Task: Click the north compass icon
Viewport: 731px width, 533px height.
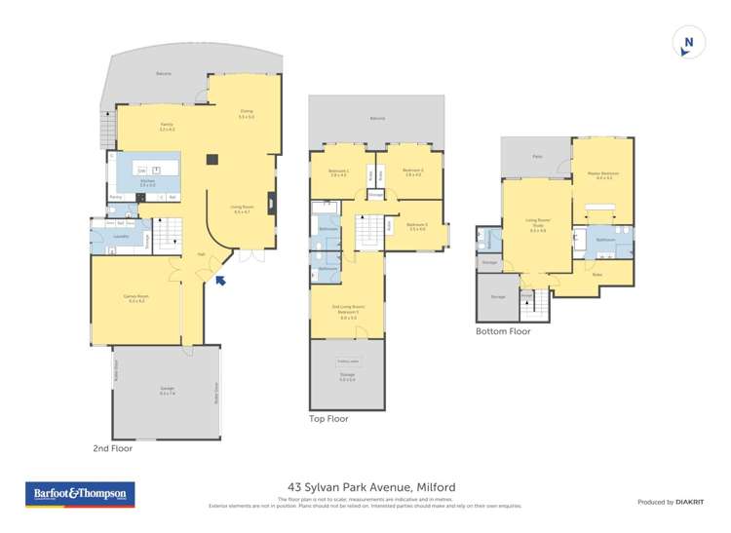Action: click(x=689, y=42)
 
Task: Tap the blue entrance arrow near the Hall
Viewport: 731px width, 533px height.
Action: click(x=221, y=281)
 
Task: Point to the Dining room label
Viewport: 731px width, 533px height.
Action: click(x=247, y=113)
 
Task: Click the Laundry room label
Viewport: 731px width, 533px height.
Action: click(x=122, y=236)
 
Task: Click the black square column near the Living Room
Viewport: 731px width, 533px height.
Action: click(x=211, y=160)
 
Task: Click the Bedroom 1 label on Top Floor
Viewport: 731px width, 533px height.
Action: click(x=338, y=172)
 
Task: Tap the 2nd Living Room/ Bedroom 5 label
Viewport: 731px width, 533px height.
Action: click(x=348, y=313)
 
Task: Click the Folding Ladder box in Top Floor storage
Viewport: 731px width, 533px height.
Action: click(x=348, y=361)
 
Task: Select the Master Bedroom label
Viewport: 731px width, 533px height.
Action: click(x=603, y=175)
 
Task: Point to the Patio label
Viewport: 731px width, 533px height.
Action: click(x=536, y=156)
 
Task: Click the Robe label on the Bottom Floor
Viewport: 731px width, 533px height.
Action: click(x=597, y=275)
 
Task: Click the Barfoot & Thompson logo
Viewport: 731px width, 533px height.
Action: click(x=80, y=494)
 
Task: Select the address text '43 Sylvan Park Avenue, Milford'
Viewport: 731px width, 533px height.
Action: click(x=371, y=486)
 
